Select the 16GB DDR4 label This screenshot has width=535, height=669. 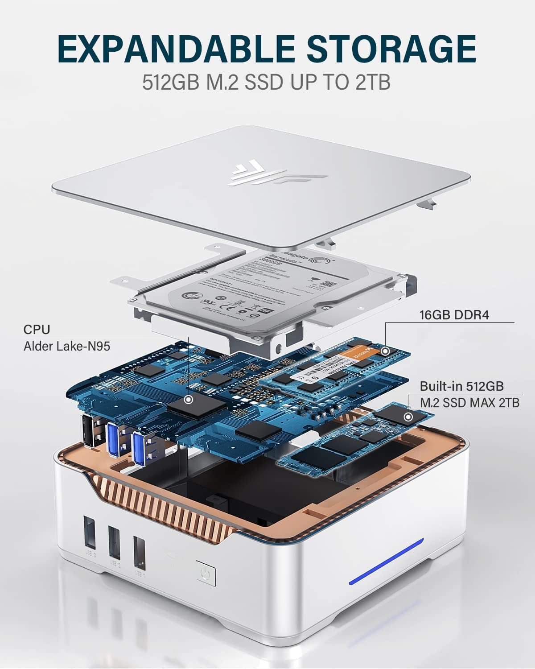tap(454, 315)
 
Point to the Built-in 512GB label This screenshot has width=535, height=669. tap(462, 386)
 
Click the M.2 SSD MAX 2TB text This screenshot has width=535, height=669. tap(469, 402)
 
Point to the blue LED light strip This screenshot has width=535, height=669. tap(386, 561)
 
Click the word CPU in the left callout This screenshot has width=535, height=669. tap(37, 330)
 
